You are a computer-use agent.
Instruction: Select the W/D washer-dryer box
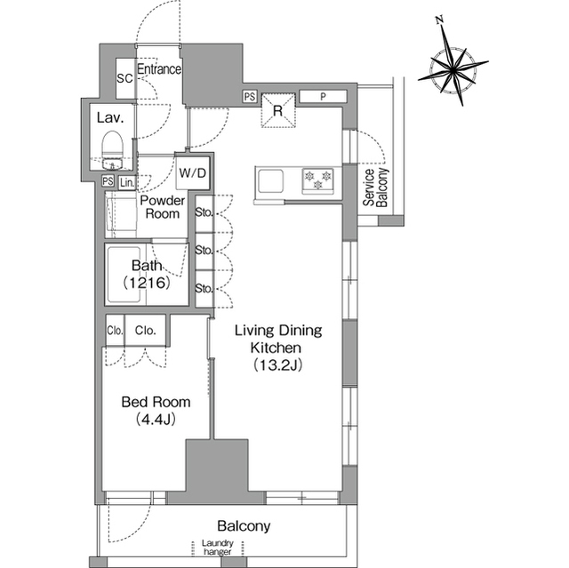click(193, 173)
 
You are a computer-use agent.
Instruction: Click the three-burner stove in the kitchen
click(318, 180)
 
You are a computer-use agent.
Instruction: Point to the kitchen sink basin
click(270, 180)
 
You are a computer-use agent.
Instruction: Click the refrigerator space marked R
click(278, 110)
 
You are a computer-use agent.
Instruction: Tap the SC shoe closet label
click(124, 78)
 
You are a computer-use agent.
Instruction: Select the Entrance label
click(159, 69)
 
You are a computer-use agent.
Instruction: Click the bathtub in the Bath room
click(124, 274)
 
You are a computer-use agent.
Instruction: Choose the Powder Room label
click(162, 207)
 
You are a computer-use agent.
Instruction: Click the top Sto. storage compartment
click(204, 213)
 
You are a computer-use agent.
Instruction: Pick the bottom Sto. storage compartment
click(204, 288)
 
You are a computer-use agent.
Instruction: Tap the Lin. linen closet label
click(127, 182)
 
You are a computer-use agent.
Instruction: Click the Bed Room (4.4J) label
click(156, 411)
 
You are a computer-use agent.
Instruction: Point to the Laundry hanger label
click(218, 548)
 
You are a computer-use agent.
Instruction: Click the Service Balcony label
click(375, 188)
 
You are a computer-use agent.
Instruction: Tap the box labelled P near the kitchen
click(323, 97)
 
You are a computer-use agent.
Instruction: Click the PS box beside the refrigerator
click(250, 97)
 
